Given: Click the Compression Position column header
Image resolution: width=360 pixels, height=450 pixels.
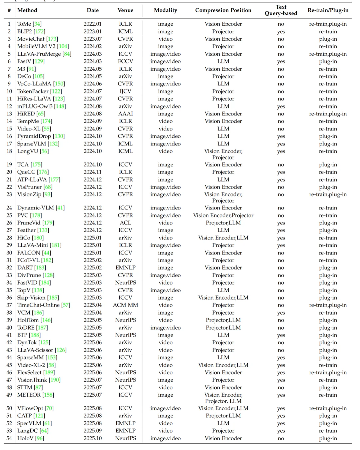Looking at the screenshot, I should pos(223,10).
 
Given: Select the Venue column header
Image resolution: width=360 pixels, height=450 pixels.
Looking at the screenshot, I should pos(125,10).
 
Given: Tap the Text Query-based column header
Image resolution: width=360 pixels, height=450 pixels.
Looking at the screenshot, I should pos(281,10).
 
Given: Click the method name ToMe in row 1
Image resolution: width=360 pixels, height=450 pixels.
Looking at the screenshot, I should pos(24,24).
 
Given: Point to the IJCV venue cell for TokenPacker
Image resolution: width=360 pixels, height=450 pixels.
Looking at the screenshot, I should pos(125,91).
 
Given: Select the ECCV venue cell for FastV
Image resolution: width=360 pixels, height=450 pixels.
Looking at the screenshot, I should pos(125,61).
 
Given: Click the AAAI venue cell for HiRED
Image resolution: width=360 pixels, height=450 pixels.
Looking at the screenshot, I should pos(125,114).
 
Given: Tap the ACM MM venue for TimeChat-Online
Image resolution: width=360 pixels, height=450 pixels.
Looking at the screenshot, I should pos(125,305).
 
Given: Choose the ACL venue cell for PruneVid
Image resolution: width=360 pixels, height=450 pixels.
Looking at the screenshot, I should pos(125,223).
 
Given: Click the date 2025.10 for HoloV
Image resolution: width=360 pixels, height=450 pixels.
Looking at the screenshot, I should pos(93,438).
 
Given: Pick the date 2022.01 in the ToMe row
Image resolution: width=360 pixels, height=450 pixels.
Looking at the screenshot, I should pos(93,24).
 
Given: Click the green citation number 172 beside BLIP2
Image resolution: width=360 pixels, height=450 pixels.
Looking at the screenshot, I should pos(40,32).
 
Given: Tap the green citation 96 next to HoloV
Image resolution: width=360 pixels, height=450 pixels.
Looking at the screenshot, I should pos(40,438).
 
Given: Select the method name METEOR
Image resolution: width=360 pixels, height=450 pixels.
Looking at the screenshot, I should pos(29,395).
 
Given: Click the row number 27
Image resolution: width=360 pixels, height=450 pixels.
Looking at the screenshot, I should pos(9,230).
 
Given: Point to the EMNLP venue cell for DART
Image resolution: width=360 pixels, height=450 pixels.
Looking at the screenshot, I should pos(125,268).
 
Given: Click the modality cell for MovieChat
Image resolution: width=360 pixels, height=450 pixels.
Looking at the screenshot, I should pos(165,39).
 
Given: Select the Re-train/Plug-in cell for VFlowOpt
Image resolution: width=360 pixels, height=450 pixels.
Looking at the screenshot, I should pos(328,408).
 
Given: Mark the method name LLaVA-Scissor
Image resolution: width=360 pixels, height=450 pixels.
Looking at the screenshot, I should pos(35,350).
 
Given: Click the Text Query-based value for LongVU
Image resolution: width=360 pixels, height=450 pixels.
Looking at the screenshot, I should pos(281,151).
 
